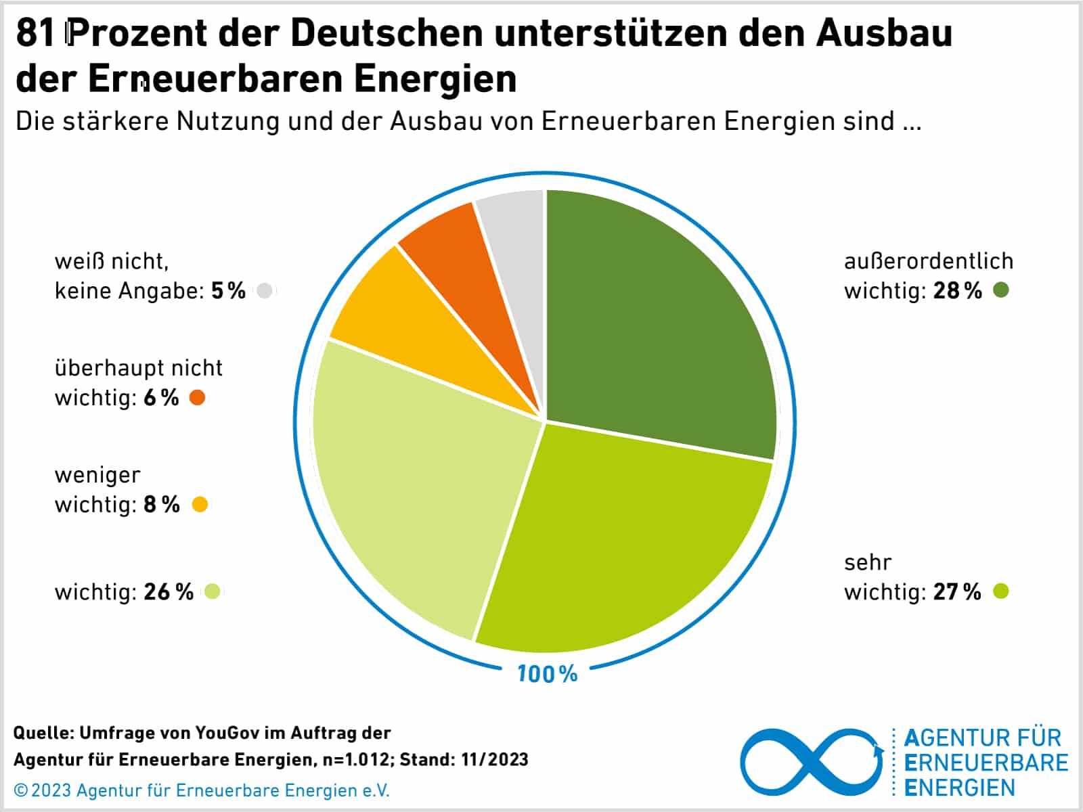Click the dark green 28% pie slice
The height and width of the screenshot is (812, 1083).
click(650, 318)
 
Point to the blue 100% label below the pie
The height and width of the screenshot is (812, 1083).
click(547, 674)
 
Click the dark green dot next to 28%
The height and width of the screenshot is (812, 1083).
click(1000, 290)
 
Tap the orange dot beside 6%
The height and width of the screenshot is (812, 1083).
click(197, 397)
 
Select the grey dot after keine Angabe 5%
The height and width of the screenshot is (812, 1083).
click(265, 290)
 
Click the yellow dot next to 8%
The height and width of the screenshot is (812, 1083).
click(200, 504)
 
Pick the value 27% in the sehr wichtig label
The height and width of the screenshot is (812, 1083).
click(956, 592)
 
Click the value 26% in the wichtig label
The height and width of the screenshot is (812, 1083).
click(168, 592)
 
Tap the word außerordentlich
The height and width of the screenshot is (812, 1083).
click(928, 261)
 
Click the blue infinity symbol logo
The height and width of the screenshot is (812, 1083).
click(811, 763)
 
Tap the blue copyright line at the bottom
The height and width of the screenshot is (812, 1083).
click(202, 790)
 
